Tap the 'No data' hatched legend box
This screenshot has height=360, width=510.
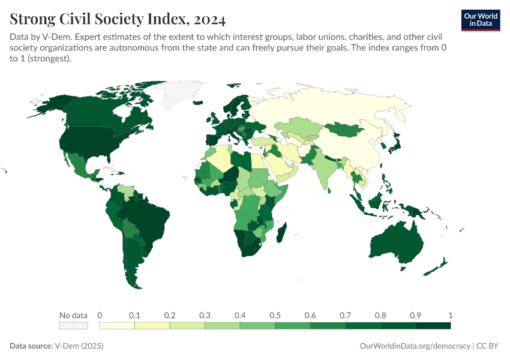[x=73, y=326]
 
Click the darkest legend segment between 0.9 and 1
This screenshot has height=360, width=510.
[x=433, y=326]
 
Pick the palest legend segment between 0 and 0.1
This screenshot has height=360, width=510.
[x=117, y=326]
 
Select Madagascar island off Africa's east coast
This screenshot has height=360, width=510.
[x=281, y=233]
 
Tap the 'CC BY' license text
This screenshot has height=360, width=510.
[x=488, y=346]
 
